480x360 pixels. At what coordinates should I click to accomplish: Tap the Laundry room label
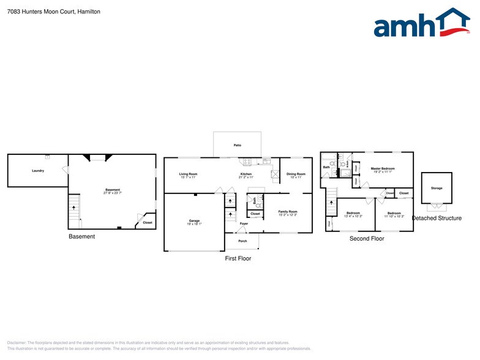(38, 170)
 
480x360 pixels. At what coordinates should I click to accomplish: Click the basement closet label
(148, 222)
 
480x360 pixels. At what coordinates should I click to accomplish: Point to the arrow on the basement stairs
(75, 208)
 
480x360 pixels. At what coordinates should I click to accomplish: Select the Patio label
(237, 145)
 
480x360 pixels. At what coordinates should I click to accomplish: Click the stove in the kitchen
(247, 162)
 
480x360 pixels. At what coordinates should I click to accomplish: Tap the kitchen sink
(266, 162)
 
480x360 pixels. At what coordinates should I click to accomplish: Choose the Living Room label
(188, 174)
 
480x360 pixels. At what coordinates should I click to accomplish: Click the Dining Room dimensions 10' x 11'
(296, 178)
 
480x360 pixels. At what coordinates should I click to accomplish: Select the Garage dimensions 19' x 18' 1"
(194, 224)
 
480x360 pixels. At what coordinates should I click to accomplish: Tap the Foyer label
(244, 223)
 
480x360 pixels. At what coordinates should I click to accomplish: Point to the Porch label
(242, 241)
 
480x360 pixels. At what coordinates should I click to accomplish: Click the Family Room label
(288, 211)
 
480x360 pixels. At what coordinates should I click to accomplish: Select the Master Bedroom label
(383, 168)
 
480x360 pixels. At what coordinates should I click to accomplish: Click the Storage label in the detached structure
(437, 188)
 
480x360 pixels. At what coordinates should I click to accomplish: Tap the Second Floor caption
(367, 239)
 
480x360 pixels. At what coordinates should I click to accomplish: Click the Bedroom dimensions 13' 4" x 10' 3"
(353, 216)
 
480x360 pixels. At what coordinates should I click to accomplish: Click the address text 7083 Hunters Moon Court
(42, 12)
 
